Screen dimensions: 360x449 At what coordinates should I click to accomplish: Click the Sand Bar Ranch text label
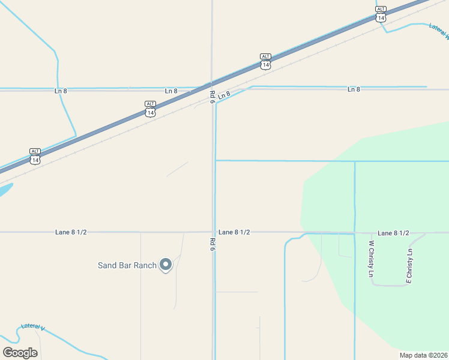click(127, 265)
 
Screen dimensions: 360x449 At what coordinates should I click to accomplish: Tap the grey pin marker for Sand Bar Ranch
click(166, 264)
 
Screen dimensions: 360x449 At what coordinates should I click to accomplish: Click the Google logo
click(20, 353)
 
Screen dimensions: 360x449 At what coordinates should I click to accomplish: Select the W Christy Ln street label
click(372, 259)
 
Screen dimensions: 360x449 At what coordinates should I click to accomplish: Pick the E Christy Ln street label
click(409, 265)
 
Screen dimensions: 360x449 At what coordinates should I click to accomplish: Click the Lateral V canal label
click(33, 327)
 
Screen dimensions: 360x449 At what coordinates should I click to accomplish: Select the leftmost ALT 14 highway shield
click(35, 156)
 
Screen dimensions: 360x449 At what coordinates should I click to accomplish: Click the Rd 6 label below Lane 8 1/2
click(212, 244)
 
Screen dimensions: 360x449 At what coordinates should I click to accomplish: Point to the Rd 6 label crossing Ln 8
click(212, 97)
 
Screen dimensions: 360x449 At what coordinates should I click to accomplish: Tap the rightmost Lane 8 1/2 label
click(393, 233)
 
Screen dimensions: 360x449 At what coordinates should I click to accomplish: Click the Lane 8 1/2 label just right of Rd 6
click(234, 232)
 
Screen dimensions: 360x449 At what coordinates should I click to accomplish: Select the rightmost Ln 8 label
click(354, 89)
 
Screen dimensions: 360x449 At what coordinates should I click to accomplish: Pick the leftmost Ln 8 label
click(61, 91)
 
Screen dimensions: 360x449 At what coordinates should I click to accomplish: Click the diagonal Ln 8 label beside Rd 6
click(224, 95)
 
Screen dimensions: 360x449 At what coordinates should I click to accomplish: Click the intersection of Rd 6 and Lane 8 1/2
click(213, 232)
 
